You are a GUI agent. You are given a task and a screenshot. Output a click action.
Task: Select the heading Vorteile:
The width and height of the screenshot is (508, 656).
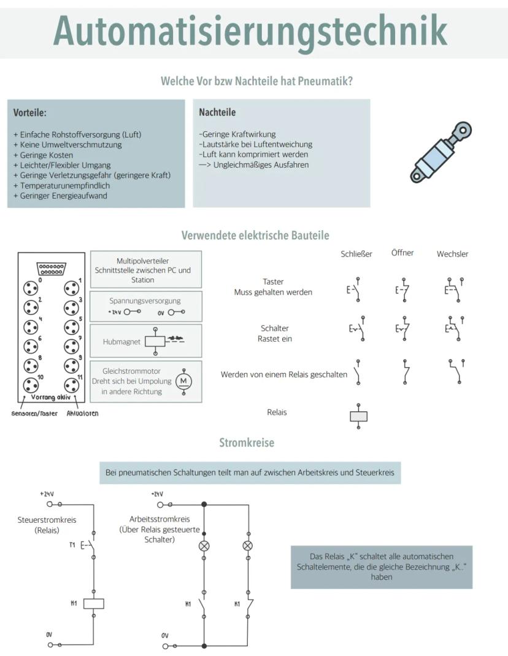point(30,113)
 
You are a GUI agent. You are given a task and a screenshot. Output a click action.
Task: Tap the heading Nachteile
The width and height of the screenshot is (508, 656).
point(217,112)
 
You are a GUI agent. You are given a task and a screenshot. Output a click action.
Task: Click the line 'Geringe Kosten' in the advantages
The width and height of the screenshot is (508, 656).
point(43,155)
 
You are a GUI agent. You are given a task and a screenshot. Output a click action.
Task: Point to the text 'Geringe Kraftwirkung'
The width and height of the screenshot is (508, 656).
point(237,134)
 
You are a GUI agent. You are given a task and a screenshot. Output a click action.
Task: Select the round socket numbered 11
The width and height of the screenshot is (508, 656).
point(72,385)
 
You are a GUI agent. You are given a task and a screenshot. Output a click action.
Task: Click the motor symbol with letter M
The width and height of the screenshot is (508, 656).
point(183,381)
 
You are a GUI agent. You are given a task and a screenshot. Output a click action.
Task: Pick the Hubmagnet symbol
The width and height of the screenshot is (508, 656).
point(156,341)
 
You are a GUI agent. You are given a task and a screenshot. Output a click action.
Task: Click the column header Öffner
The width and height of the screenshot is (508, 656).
point(402,253)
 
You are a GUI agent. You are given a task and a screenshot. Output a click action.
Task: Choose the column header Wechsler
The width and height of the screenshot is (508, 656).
point(452,253)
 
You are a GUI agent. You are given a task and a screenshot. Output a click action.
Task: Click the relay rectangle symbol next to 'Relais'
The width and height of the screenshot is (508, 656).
point(358,415)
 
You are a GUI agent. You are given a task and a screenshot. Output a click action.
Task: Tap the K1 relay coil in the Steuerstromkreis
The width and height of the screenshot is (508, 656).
point(93,603)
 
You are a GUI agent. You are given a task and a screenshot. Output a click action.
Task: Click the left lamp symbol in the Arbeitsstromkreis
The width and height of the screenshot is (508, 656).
point(204,545)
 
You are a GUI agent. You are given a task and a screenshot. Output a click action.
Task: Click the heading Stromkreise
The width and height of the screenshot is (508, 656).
point(247,442)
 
